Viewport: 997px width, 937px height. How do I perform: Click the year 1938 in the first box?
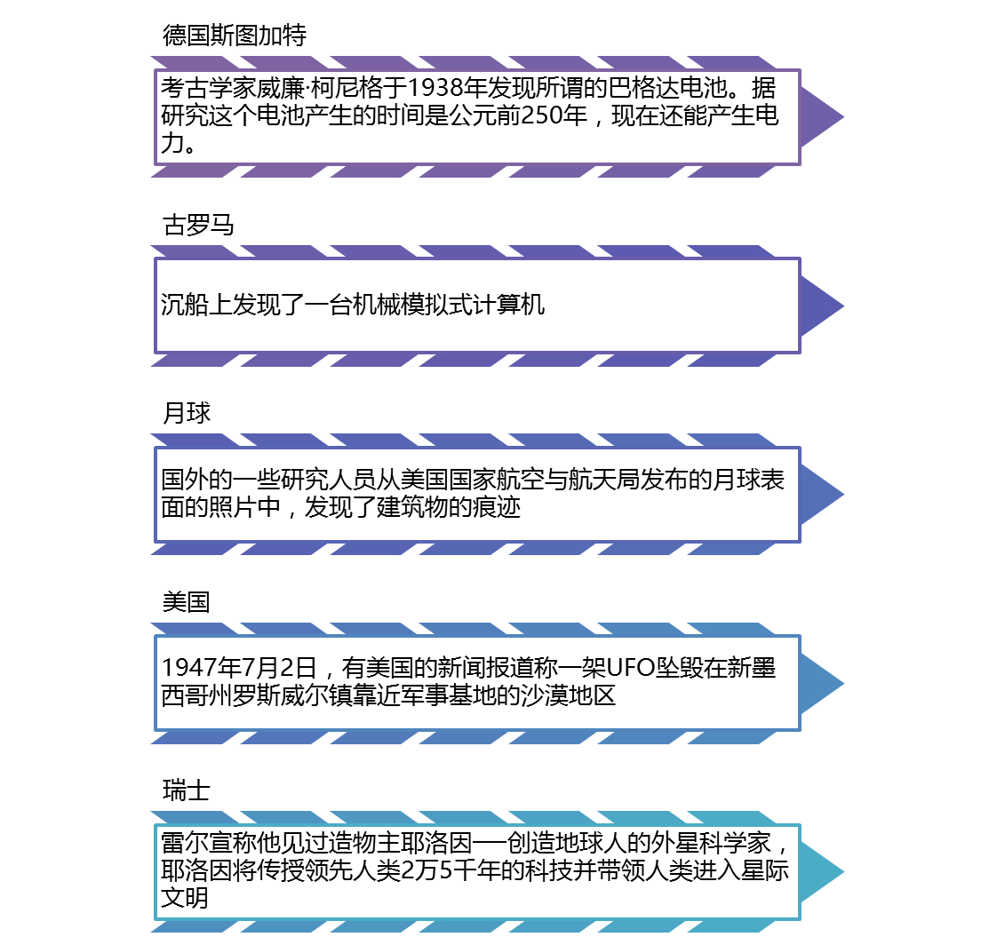pos(436,89)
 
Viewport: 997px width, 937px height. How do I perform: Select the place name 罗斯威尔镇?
pos(333,695)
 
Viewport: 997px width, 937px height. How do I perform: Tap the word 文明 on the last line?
pos(184,898)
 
